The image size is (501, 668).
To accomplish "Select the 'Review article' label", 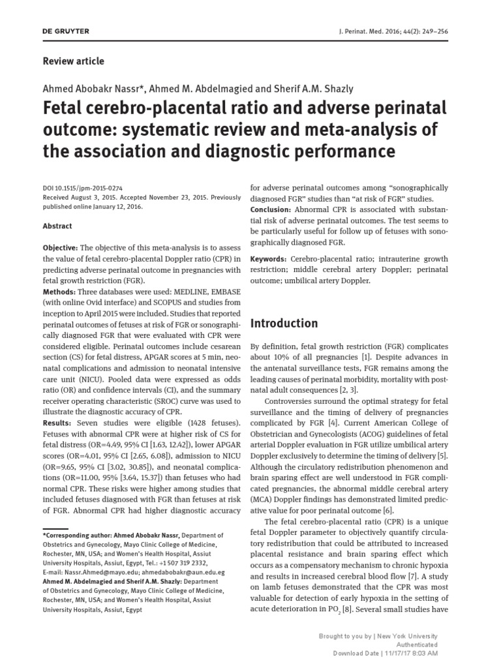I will [73, 61].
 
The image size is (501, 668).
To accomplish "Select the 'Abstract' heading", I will [57, 226].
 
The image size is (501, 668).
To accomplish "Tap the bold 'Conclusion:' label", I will [272, 209].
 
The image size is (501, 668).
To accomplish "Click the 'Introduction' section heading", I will [284, 324].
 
